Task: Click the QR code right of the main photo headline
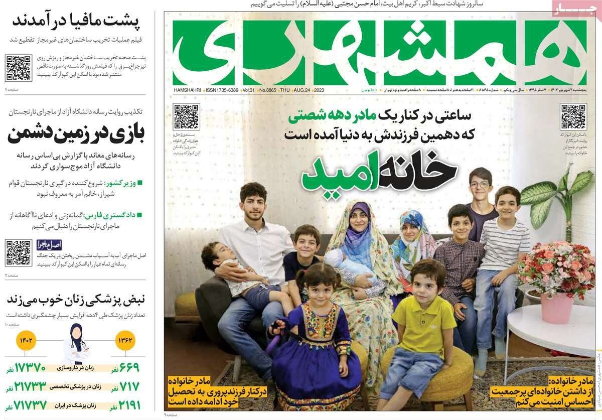pyautogui.click(x=573, y=116)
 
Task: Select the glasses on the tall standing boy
pyautogui.click(x=480, y=185)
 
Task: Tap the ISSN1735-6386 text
pyautogui.click(x=222, y=90)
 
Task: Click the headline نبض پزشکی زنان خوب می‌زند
pyautogui.click(x=75, y=300)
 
